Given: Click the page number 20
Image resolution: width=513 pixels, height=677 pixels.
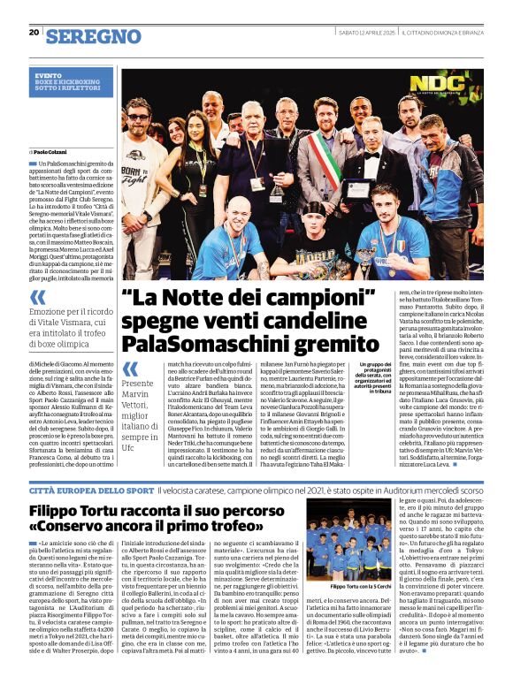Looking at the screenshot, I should tap(34, 32).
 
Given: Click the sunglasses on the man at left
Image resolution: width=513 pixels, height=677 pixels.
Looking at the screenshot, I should tap(138, 117).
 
